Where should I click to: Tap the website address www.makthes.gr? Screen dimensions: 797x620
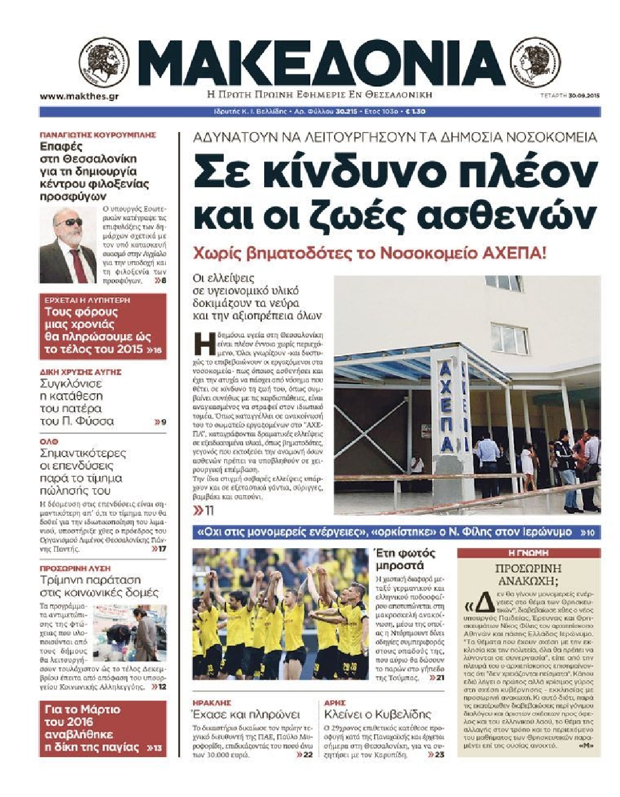click(x=79, y=96)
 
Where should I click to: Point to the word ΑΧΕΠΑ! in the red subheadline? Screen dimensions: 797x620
click(x=510, y=254)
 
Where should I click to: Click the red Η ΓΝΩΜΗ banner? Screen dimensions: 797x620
click(x=528, y=553)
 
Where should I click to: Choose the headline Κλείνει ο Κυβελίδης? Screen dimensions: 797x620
click(x=378, y=714)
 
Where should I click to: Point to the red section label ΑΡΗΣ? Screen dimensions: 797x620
click(x=335, y=703)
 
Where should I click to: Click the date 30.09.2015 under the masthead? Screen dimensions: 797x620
click(x=578, y=96)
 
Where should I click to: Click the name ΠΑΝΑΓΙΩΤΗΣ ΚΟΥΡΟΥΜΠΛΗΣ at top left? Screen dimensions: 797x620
click(x=97, y=135)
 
